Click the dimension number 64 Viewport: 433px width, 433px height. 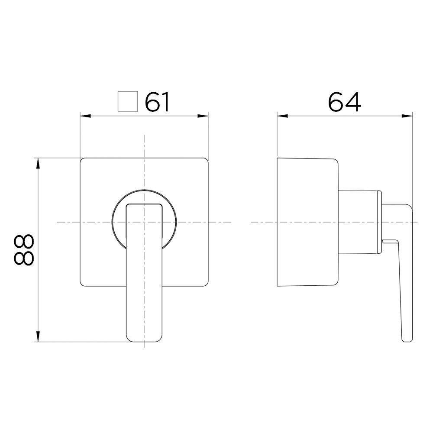[x=344, y=102]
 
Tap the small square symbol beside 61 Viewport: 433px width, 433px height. [x=128, y=102]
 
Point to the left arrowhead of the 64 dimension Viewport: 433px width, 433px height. [x=281, y=116]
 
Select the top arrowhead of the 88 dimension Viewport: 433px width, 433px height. [x=39, y=163]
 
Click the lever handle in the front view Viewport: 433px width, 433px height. [x=144, y=277]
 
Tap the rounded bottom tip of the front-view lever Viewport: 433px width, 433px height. [x=144, y=340]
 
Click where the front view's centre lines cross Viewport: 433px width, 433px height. [x=144, y=222]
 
